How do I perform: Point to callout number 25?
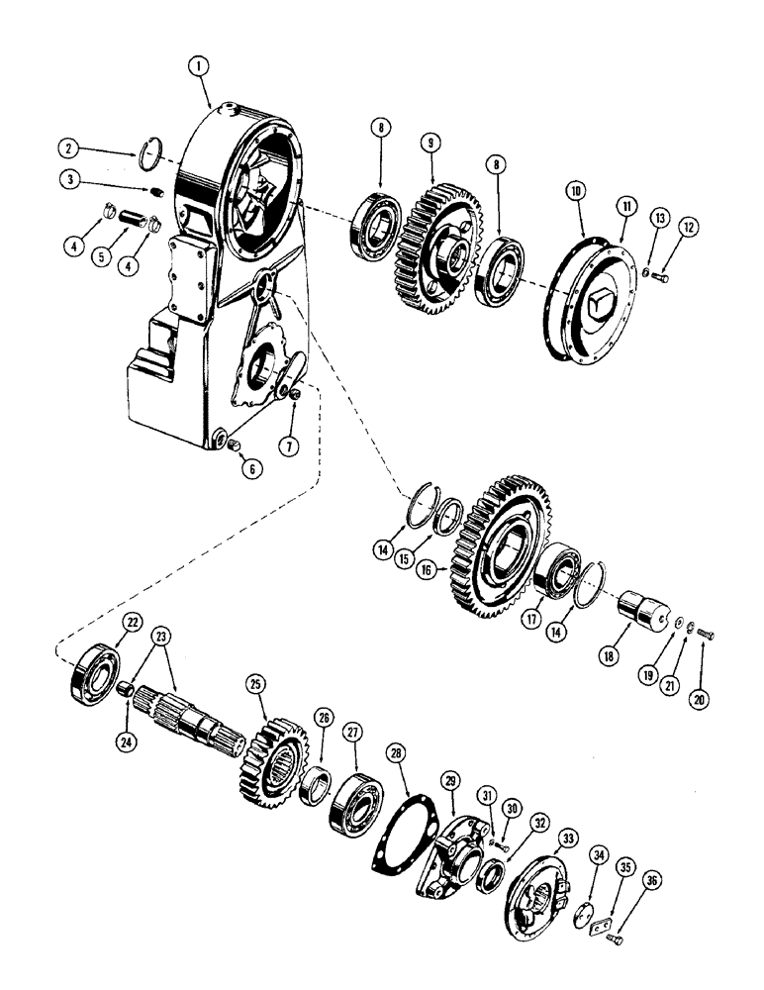(x=255, y=684)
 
